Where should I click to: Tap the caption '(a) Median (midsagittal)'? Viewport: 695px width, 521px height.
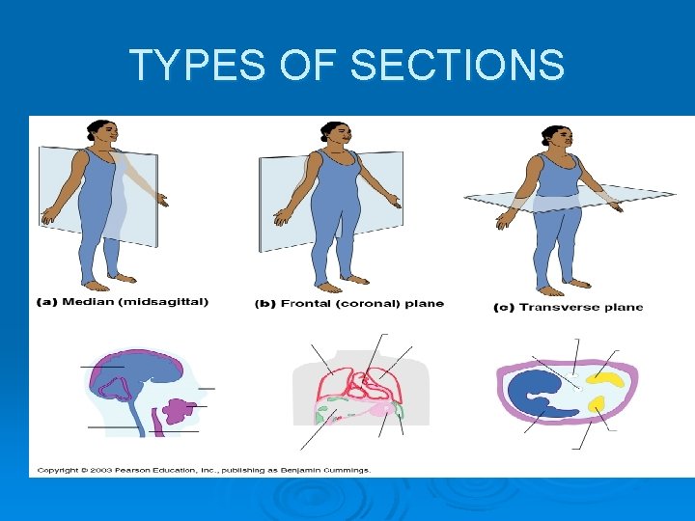[122, 302]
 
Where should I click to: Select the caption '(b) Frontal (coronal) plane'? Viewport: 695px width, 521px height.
[348, 304]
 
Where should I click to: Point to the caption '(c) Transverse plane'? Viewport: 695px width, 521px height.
[568, 308]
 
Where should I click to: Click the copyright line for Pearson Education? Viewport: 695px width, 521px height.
[203, 470]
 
